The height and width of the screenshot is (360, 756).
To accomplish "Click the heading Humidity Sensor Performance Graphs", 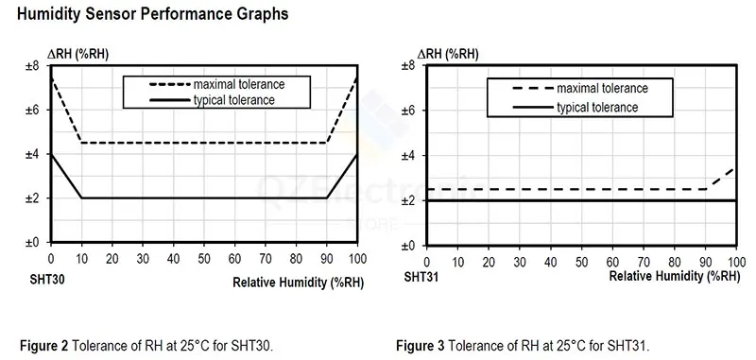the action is point(152,14).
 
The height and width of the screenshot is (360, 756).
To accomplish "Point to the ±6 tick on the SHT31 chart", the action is point(409,111).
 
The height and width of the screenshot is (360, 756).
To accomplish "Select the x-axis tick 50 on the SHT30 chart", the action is point(204,258).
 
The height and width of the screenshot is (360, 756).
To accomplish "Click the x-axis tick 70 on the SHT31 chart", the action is point(644,262).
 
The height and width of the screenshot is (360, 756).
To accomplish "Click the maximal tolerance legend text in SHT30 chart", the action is point(239,84).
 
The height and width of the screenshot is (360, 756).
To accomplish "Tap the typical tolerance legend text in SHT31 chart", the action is point(597,107).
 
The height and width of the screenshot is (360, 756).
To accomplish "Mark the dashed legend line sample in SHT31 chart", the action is point(532,89).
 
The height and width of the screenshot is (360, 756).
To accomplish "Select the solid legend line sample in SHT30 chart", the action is point(170,100).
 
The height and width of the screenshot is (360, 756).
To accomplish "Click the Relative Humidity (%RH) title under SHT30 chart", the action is point(298,283).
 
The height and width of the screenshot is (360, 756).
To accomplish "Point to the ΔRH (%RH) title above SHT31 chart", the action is point(447,55).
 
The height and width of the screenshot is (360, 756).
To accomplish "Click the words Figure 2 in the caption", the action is point(45,346).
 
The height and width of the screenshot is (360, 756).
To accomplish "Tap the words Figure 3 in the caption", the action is point(421,346).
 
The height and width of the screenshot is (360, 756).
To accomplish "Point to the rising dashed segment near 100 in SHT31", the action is point(722,179).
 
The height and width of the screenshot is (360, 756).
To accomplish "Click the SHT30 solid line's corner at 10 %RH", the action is point(81,197).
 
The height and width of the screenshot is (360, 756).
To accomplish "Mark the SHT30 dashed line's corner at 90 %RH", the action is point(327,143).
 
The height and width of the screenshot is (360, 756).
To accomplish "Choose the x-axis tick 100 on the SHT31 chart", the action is point(736,262).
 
